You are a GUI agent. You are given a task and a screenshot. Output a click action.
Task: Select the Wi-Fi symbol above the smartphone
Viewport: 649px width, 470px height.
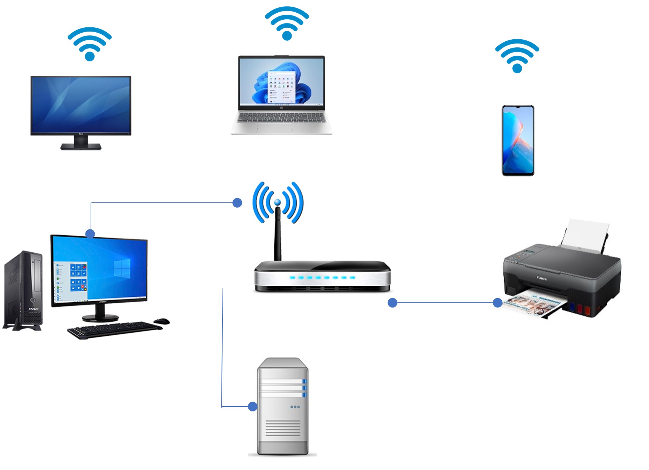pos(517,56)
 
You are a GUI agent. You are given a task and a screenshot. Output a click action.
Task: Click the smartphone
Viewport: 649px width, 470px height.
pos(518,140)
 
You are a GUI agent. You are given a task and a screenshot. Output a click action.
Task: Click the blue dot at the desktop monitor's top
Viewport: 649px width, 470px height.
pos(90,234)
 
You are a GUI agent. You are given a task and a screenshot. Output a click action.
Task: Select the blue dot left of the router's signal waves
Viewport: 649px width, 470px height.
pos(237,203)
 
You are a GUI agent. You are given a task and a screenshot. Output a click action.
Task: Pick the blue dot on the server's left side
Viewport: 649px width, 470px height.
pos(252,407)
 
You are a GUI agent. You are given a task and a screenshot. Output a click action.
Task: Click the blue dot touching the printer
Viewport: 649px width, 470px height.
pos(497,303)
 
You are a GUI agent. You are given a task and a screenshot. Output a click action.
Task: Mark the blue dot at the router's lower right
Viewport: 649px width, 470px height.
pos(392,303)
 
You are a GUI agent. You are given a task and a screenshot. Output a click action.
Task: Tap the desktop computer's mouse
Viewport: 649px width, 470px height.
pos(162,321)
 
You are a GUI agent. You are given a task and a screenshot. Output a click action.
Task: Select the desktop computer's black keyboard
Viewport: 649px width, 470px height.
pos(114,330)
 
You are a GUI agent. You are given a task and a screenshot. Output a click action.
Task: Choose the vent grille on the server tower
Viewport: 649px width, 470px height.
pos(282,428)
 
